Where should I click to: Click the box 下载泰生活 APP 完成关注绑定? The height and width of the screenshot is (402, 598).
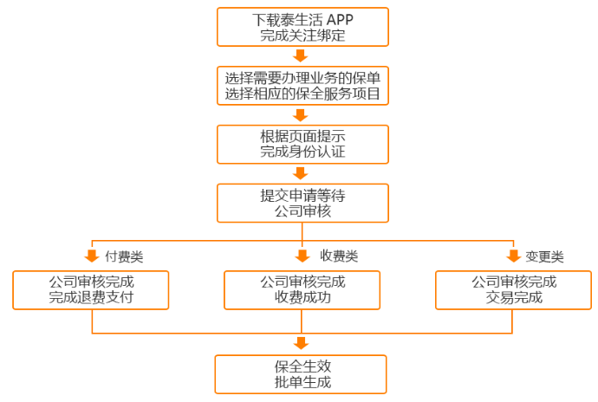[302, 28]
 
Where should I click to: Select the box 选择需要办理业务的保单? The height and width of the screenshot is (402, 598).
[302, 85]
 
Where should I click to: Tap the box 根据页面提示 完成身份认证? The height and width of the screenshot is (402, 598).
[302, 144]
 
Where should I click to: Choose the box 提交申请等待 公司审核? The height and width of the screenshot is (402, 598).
[302, 202]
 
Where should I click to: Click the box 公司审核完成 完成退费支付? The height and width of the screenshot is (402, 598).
[91, 290]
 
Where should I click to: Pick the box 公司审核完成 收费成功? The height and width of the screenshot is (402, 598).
[302, 290]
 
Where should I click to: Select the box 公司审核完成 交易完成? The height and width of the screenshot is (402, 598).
[514, 290]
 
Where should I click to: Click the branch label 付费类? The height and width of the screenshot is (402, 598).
[124, 256]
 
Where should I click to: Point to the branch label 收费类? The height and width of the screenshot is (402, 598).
[339, 256]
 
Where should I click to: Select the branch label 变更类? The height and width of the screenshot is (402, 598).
[545, 256]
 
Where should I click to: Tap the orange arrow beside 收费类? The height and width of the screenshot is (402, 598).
[302, 256]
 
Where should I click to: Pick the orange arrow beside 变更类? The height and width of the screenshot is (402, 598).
[513, 256]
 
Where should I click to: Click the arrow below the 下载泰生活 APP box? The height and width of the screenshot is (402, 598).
[302, 55]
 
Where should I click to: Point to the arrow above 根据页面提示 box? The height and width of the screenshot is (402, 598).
[302, 113]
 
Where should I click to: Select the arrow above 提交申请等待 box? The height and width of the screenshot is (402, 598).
[302, 172]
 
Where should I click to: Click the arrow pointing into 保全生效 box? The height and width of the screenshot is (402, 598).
[302, 343]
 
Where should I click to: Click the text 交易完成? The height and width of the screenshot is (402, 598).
[514, 298]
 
